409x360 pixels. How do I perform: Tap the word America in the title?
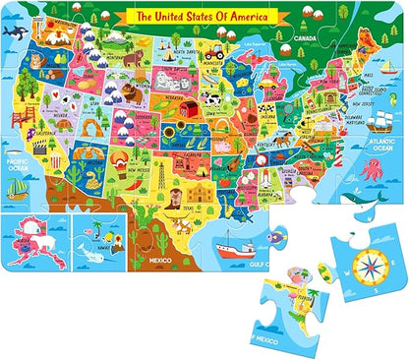[245, 16]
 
